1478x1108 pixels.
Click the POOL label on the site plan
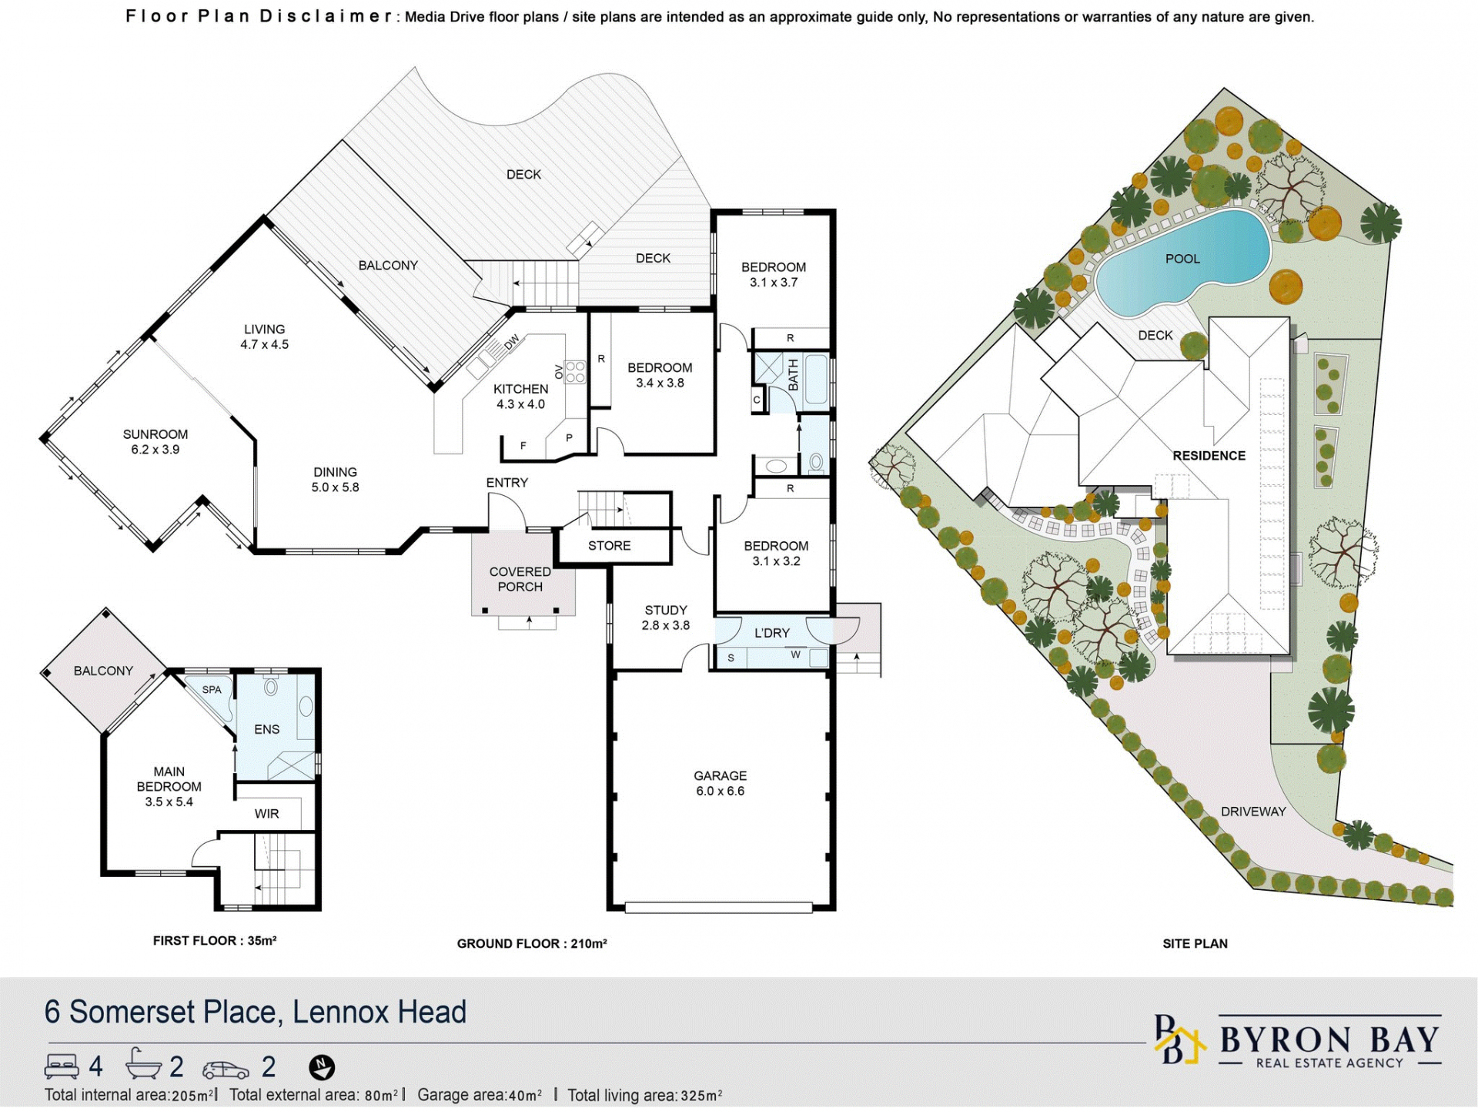(1182, 259)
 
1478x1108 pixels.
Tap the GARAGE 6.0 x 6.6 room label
(720, 783)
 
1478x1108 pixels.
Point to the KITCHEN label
(520, 389)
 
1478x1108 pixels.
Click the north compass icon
(322, 1067)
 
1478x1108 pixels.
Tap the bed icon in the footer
(62, 1066)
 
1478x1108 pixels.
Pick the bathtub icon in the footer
(143, 1065)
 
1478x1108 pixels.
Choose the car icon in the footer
(226, 1069)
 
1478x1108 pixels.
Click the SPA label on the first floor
(212, 690)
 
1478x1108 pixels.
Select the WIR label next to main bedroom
(266, 813)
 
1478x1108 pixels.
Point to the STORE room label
(609, 545)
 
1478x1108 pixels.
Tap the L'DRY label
(772, 633)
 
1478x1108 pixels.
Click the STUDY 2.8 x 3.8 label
(666, 618)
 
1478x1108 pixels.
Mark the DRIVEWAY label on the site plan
(1253, 812)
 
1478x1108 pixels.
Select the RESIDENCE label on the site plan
(1209, 456)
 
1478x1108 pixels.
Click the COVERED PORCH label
(520, 579)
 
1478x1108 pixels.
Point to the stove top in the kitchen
(575, 372)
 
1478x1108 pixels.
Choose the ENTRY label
(507, 483)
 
